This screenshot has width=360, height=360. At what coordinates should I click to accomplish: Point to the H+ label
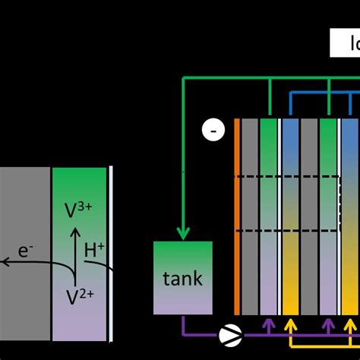(x=94, y=250)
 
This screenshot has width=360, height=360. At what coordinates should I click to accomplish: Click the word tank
(x=183, y=278)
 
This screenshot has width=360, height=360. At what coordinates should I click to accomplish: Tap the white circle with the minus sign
(x=213, y=131)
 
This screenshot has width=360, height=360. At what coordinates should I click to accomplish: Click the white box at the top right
(x=345, y=43)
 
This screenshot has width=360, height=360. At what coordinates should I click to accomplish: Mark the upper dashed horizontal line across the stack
(x=289, y=177)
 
